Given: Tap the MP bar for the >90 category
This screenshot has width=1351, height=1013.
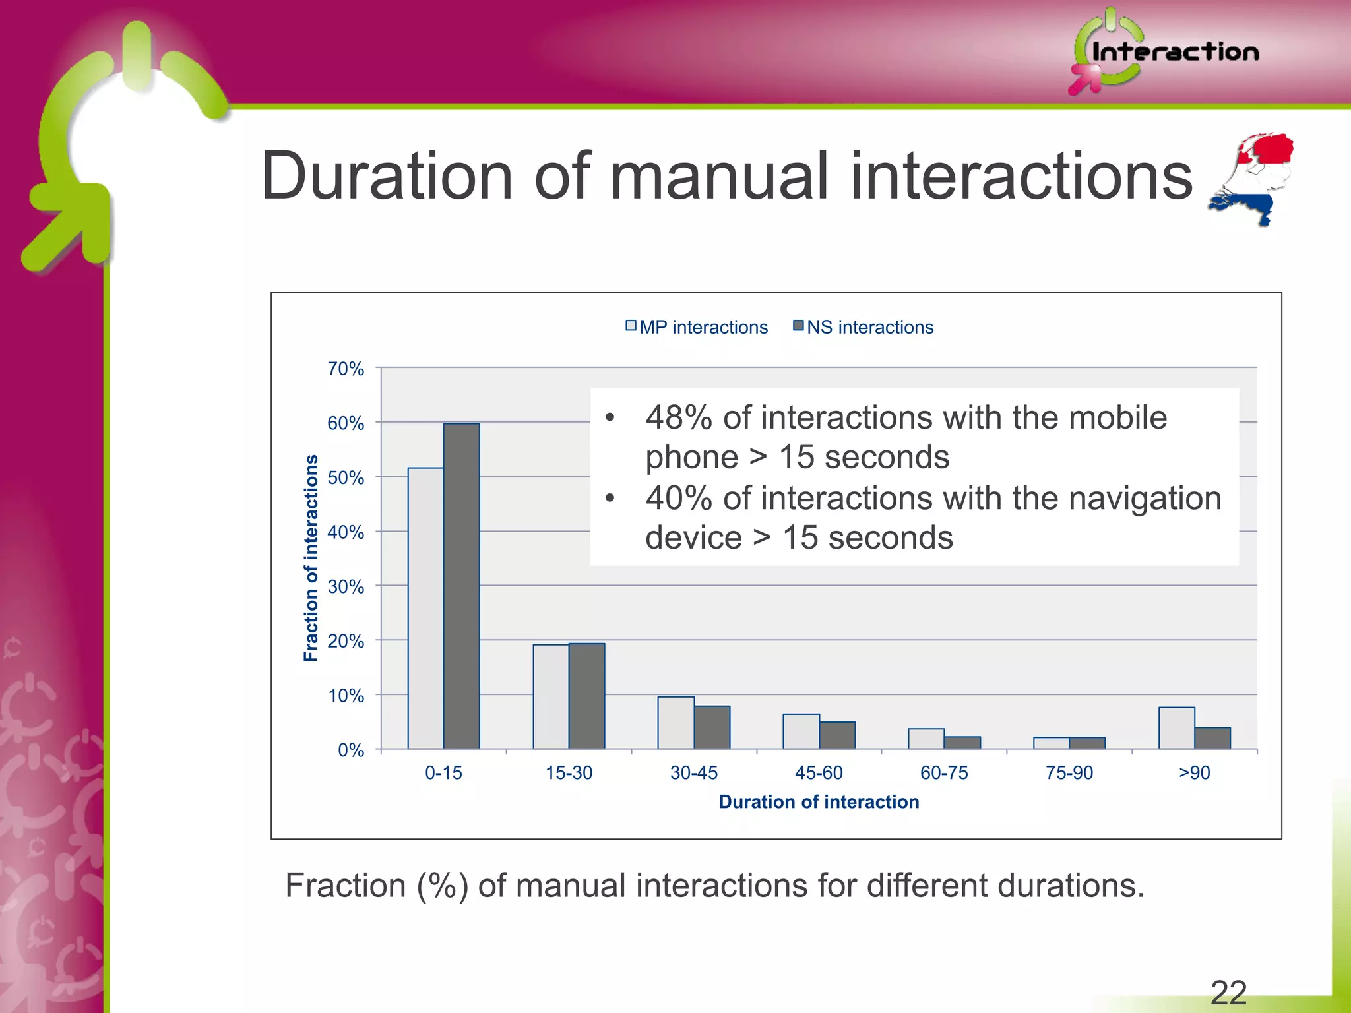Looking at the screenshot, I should pyautogui.click(x=1176, y=728).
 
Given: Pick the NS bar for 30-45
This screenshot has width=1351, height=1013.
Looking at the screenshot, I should pyautogui.click(x=712, y=727).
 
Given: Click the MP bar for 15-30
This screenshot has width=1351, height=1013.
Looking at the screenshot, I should pyautogui.click(x=551, y=696).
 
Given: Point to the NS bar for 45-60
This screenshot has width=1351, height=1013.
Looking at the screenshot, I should pyautogui.click(x=837, y=735).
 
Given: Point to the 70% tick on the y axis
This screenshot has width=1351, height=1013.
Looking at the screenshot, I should pyautogui.click(x=346, y=369).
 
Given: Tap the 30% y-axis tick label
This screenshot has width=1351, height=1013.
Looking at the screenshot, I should pyautogui.click(x=346, y=586).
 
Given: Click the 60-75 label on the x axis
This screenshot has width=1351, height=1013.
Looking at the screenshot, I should pyautogui.click(x=944, y=772).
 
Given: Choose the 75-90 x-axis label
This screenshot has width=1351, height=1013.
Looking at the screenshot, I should pyautogui.click(x=1069, y=772).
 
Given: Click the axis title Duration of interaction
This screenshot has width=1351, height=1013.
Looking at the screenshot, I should pyautogui.click(x=819, y=801).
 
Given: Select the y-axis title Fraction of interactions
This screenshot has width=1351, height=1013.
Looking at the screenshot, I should pyautogui.click(x=311, y=558).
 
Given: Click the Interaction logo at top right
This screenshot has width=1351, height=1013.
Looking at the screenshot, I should pyautogui.click(x=1164, y=51).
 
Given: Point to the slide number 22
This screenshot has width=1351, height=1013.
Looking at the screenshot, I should pyautogui.click(x=1228, y=993).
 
